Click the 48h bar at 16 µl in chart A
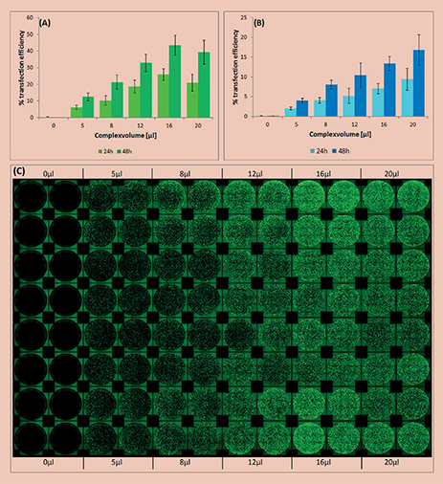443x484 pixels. click(175, 81)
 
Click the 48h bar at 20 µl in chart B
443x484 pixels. click(419, 83)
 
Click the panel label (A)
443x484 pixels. click(46, 22)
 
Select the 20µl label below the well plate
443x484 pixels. click(391, 462)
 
